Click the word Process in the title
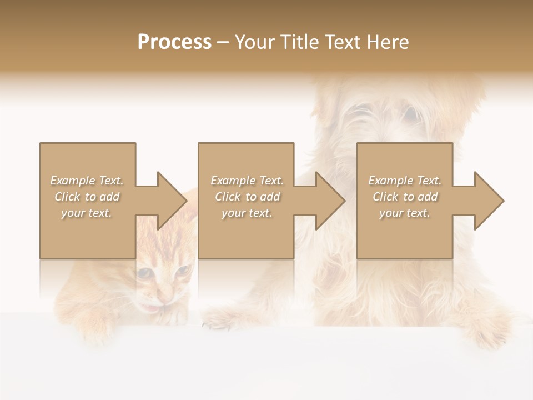click(174, 42)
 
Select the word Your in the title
click(253, 42)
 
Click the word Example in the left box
click(72, 181)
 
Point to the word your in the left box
click(72, 213)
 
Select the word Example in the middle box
click(233, 181)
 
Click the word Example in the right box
click(390, 181)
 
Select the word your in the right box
click(390, 213)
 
